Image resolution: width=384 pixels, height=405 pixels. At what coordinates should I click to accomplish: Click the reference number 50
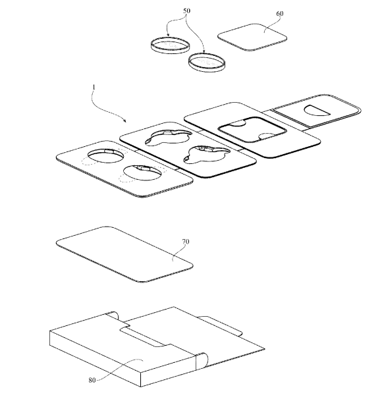[186, 11]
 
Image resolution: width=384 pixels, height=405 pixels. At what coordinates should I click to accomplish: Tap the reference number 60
[279, 13]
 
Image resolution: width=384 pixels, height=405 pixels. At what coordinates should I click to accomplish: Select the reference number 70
[186, 242]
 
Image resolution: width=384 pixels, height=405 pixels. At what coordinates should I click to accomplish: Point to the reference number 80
[92, 380]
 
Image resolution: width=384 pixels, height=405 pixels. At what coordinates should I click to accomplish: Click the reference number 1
[94, 87]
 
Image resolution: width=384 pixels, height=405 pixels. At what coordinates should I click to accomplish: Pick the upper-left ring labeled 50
[170, 45]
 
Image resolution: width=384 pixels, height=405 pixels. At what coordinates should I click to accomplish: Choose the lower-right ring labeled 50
[206, 63]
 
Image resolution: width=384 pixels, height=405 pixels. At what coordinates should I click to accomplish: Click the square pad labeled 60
[252, 38]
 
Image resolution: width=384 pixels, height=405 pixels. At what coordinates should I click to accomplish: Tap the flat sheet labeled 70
[124, 254]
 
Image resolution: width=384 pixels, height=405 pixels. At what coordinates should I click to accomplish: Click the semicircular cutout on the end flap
[315, 110]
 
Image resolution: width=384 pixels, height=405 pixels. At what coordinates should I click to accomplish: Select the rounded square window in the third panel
[252, 130]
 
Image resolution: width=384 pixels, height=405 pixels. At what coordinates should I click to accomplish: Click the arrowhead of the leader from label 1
[125, 121]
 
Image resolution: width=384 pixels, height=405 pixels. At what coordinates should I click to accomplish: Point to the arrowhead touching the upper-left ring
[168, 35]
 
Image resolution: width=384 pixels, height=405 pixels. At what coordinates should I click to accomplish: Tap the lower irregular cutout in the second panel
[206, 155]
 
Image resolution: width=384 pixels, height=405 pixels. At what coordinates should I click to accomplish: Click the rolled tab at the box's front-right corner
[202, 361]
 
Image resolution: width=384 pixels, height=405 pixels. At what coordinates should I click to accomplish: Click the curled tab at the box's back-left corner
[113, 316]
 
